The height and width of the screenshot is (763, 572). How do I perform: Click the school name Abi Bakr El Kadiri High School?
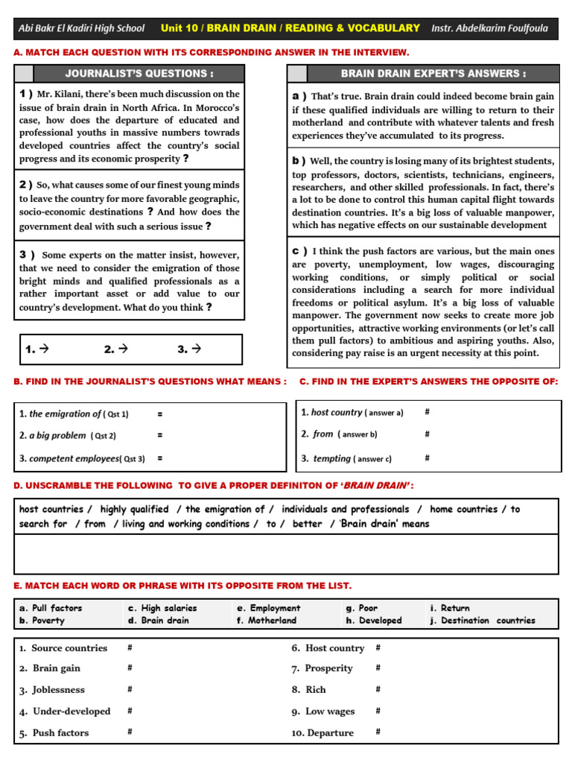click(x=82, y=28)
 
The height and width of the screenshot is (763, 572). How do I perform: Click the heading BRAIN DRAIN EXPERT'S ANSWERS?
click(x=433, y=73)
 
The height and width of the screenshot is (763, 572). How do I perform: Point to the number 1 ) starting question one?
click(x=26, y=94)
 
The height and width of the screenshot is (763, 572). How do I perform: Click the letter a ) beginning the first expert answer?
click(x=299, y=96)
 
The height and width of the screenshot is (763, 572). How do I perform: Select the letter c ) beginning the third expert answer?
click(x=299, y=251)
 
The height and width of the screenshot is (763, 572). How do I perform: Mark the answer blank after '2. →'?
click(x=149, y=349)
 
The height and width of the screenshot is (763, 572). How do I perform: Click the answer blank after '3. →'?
click(x=220, y=349)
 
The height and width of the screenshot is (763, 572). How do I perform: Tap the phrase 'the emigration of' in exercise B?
click(x=65, y=414)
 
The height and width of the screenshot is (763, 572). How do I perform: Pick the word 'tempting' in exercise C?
click(x=331, y=458)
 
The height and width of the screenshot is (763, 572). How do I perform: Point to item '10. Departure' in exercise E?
click(x=322, y=732)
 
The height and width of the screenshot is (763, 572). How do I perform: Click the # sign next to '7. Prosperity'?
click(x=378, y=668)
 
